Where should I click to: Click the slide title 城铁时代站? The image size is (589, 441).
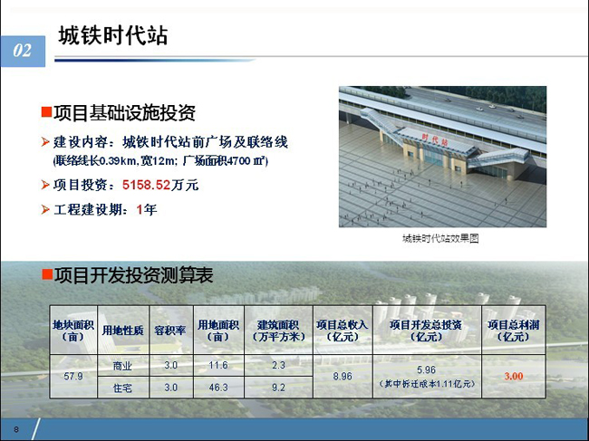point(113,35)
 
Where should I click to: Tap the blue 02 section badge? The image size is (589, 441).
point(23,51)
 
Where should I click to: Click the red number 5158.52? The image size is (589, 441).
point(147,185)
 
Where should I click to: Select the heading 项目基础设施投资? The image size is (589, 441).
point(124,112)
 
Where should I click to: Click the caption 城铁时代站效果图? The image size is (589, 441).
point(440,238)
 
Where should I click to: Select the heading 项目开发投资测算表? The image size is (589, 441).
point(134,274)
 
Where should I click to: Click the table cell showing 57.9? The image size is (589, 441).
point(73,376)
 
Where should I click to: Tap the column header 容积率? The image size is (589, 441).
point(170,331)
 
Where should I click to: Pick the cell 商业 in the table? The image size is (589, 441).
point(122,366)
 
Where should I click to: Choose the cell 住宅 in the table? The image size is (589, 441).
point(122,388)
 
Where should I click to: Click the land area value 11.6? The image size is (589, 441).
point(218,365)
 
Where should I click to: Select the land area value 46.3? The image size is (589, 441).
point(218,387)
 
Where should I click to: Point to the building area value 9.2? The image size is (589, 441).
point(278,387)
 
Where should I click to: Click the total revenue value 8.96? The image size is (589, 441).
point(343,376)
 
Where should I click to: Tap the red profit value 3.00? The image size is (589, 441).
point(514,376)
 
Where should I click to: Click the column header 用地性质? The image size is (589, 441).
point(123,331)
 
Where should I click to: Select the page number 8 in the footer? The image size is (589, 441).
point(16,429)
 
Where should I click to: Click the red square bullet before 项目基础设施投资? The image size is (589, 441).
point(46,112)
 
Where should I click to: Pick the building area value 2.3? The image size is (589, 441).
point(278,365)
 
